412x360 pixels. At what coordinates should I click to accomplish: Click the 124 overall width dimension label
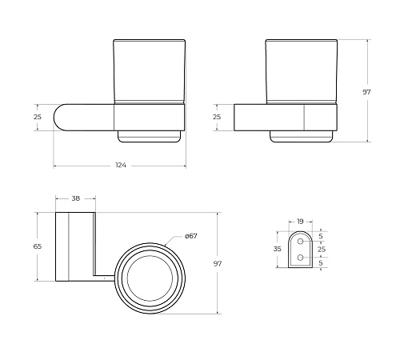tap(121, 166)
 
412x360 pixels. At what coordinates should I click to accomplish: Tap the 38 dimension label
tap(76, 198)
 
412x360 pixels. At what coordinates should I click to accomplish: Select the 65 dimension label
tap(38, 246)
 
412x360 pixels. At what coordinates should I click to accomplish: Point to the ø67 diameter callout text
tap(191, 236)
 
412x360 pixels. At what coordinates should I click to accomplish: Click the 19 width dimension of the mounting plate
tap(300, 222)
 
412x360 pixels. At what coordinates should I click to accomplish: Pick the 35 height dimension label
tap(278, 249)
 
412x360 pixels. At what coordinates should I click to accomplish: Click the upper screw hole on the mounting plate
tap(300, 242)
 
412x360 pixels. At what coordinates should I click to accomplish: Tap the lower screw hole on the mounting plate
tap(300, 258)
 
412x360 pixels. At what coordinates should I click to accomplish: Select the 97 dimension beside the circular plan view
tap(218, 264)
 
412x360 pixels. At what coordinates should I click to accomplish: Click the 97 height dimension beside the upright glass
tap(366, 92)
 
